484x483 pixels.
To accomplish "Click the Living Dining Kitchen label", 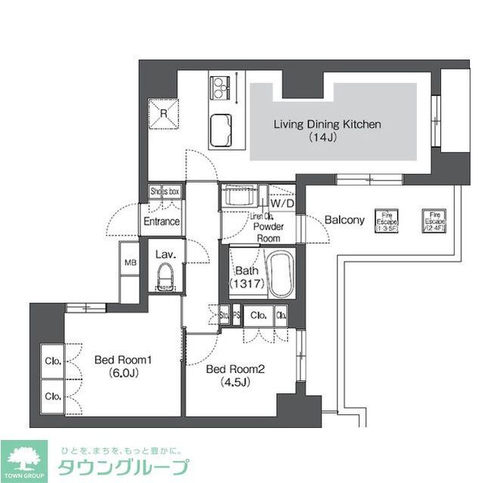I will coord(327,125).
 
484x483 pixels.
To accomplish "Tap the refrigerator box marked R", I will coord(164,113).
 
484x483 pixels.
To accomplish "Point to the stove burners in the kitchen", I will coord(220,88).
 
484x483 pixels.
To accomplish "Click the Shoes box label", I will coord(165,192).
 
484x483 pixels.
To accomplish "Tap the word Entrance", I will coord(162,221).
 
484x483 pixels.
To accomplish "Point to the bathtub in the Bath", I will coord(279,275).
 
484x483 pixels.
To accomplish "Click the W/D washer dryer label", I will coord(282,204).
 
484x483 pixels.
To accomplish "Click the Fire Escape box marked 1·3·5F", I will coord(388,220).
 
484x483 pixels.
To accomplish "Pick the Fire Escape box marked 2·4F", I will coord(436,220).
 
